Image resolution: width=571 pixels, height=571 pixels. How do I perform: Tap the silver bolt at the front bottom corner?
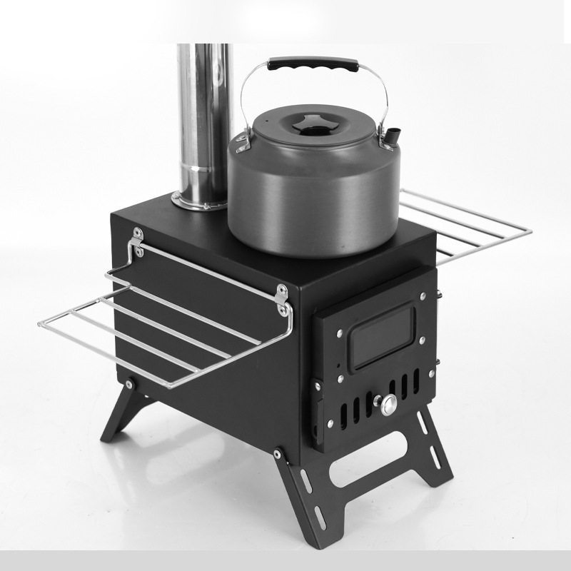[277, 451]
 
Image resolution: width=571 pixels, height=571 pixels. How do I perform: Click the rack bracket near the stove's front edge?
[283, 300]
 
